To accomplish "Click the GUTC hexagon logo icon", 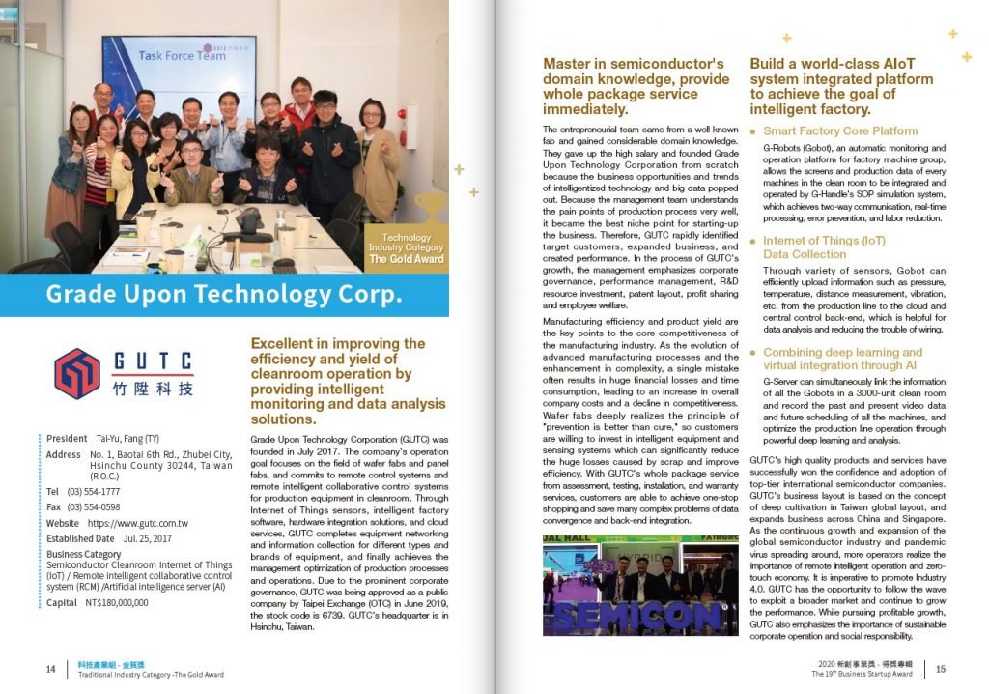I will (x=77, y=374).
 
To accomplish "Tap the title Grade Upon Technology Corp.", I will (x=224, y=294).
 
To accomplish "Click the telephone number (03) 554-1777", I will (x=94, y=492).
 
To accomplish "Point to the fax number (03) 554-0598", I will (x=94, y=506).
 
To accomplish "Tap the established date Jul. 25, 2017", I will (x=147, y=538).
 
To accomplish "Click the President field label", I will (x=67, y=438).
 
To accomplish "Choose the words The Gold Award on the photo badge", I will (x=407, y=259).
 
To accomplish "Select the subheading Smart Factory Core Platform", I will (x=840, y=130).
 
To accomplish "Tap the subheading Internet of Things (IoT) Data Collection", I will (x=824, y=247).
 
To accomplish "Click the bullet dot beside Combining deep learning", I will (x=753, y=354).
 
